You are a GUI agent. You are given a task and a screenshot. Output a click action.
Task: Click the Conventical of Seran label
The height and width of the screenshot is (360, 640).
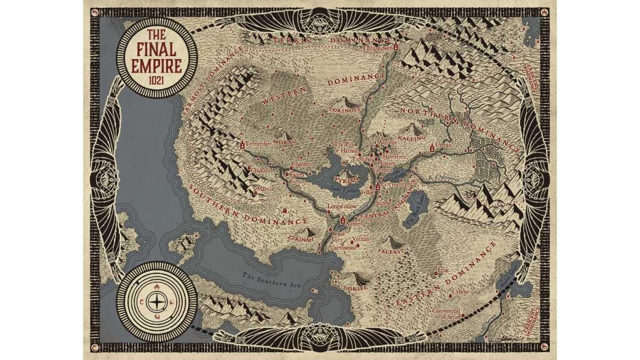[450, 314]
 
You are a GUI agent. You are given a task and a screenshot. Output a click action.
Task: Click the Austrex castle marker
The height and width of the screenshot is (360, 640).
[343, 220]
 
